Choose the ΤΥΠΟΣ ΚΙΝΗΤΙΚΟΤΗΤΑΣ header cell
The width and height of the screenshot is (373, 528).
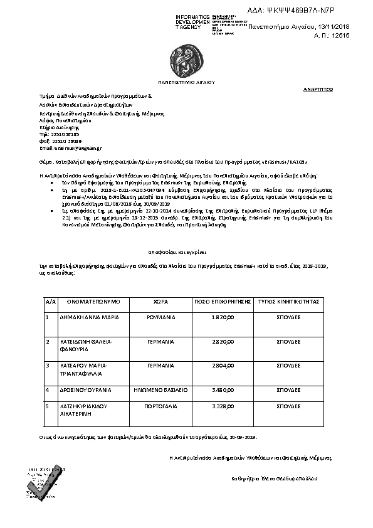(x=289, y=302)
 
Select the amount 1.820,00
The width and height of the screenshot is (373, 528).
(x=223, y=318)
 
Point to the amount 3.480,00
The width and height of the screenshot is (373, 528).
(x=223, y=390)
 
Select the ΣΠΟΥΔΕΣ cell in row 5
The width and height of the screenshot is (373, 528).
(x=289, y=406)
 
